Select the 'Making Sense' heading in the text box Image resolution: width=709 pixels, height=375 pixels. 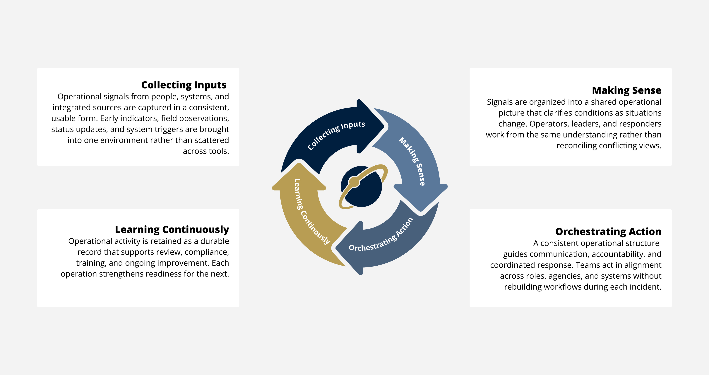tap(626, 90)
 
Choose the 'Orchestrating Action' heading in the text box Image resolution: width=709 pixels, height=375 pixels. tap(608, 231)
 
